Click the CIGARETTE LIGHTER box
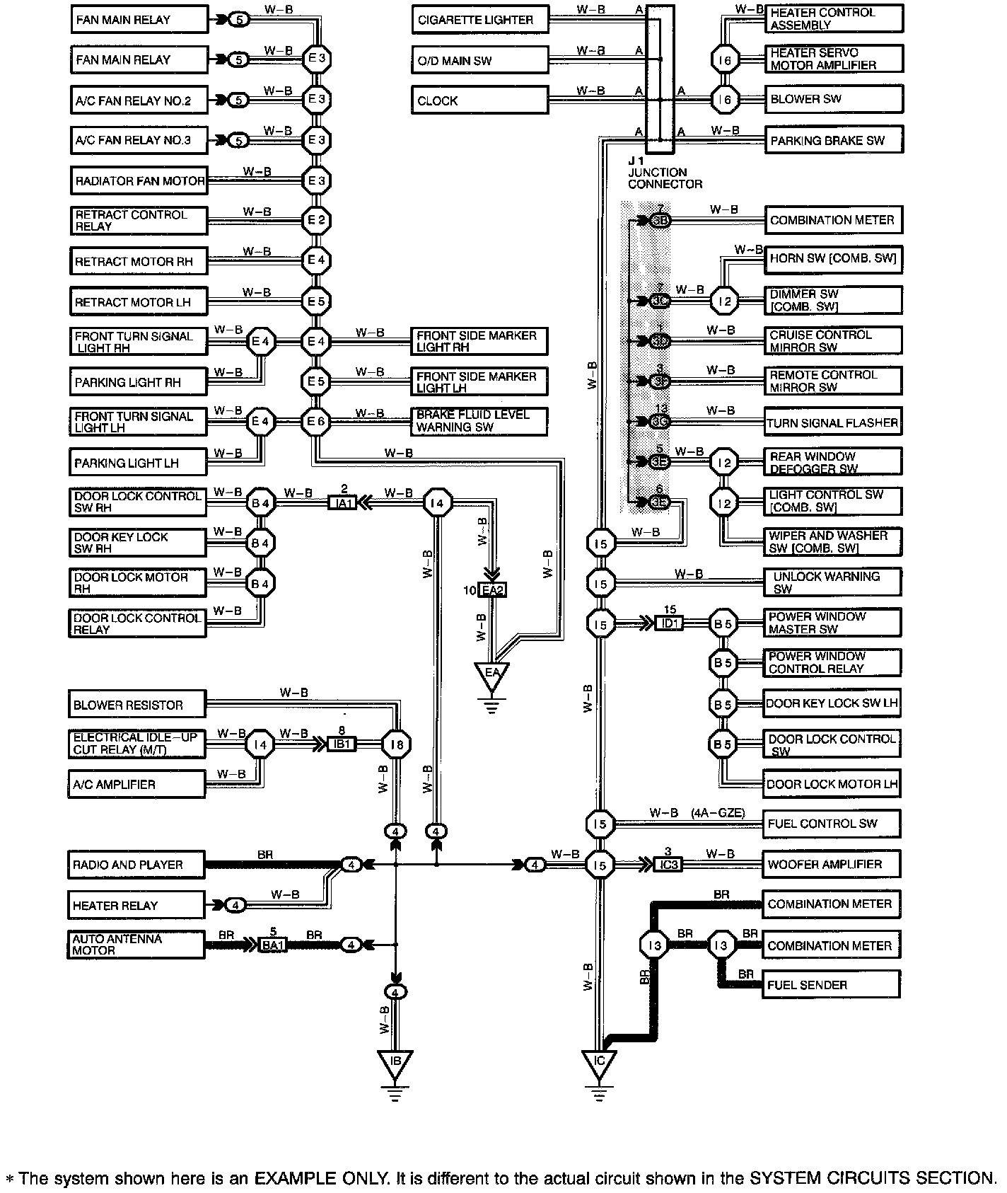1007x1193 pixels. [x=480, y=20]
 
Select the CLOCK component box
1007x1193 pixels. [x=480, y=100]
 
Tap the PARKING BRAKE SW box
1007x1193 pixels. [x=834, y=140]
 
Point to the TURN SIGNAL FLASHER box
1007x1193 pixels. [x=833, y=423]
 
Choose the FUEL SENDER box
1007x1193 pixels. [x=831, y=984]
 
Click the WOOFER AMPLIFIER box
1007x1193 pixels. [x=832, y=864]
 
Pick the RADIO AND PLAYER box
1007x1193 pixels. [x=136, y=865]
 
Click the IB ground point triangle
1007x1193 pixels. [x=395, y=1064]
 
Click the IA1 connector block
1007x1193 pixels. [x=344, y=503]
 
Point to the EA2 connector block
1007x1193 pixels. [x=493, y=589]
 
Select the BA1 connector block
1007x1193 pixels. [x=273, y=945]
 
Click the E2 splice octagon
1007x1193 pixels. [x=315, y=220]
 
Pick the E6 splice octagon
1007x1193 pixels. [x=315, y=422]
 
